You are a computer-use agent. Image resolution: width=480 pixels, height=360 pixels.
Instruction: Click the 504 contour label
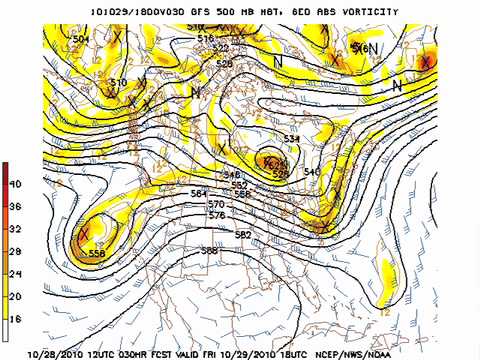tap(81, 38)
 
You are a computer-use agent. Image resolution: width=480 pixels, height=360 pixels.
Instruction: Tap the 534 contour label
tap(292, 138)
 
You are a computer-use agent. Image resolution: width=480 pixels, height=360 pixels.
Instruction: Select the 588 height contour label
tap(209, 250)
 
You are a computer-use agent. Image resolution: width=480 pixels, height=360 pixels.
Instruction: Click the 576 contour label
tap(217, 215)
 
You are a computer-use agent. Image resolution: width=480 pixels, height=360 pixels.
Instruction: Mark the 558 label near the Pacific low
tap(97, 254)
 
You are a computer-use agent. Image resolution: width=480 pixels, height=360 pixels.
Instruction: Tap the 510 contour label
tap(118, 82)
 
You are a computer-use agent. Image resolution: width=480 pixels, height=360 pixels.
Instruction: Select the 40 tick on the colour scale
tap(16, 186)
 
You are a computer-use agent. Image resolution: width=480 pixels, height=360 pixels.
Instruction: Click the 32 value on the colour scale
tap(16, 229)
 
